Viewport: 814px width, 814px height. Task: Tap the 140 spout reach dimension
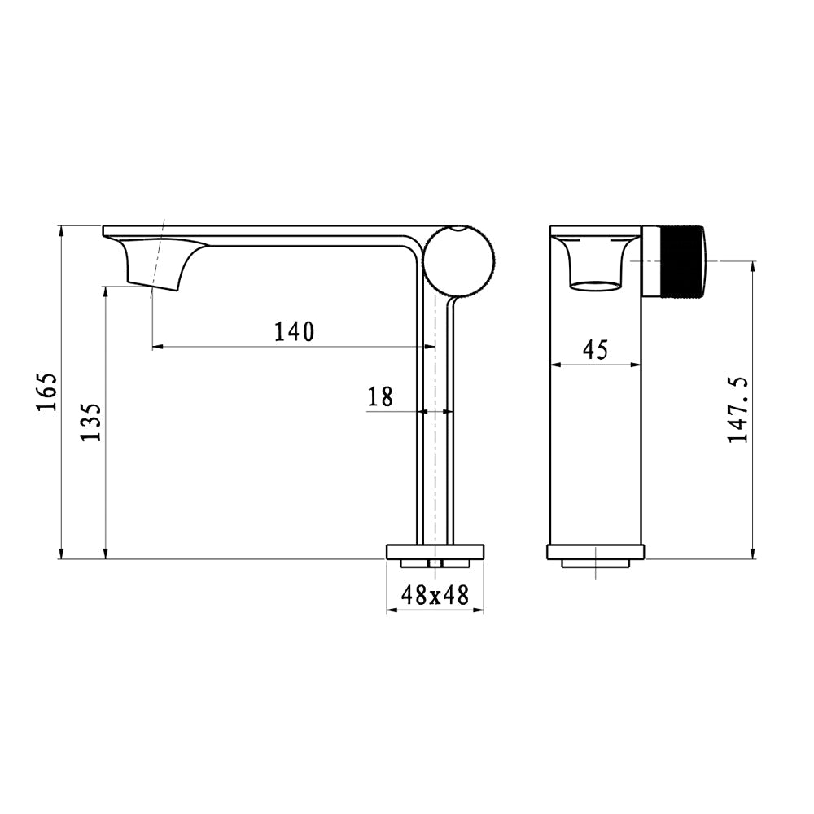(x=293, y=330)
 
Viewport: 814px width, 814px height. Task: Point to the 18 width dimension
(x=380, y=396)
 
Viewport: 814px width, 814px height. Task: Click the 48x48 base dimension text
(x=435, y=595)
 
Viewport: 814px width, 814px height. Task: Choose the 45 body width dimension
(x=596, y=350)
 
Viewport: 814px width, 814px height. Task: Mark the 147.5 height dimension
(x=738, y=409)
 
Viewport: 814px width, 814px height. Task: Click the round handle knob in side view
(x=461, y=260)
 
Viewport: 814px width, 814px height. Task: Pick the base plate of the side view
(x=435, y=552)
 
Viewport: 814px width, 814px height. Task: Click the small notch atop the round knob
(x=461, y=230)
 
